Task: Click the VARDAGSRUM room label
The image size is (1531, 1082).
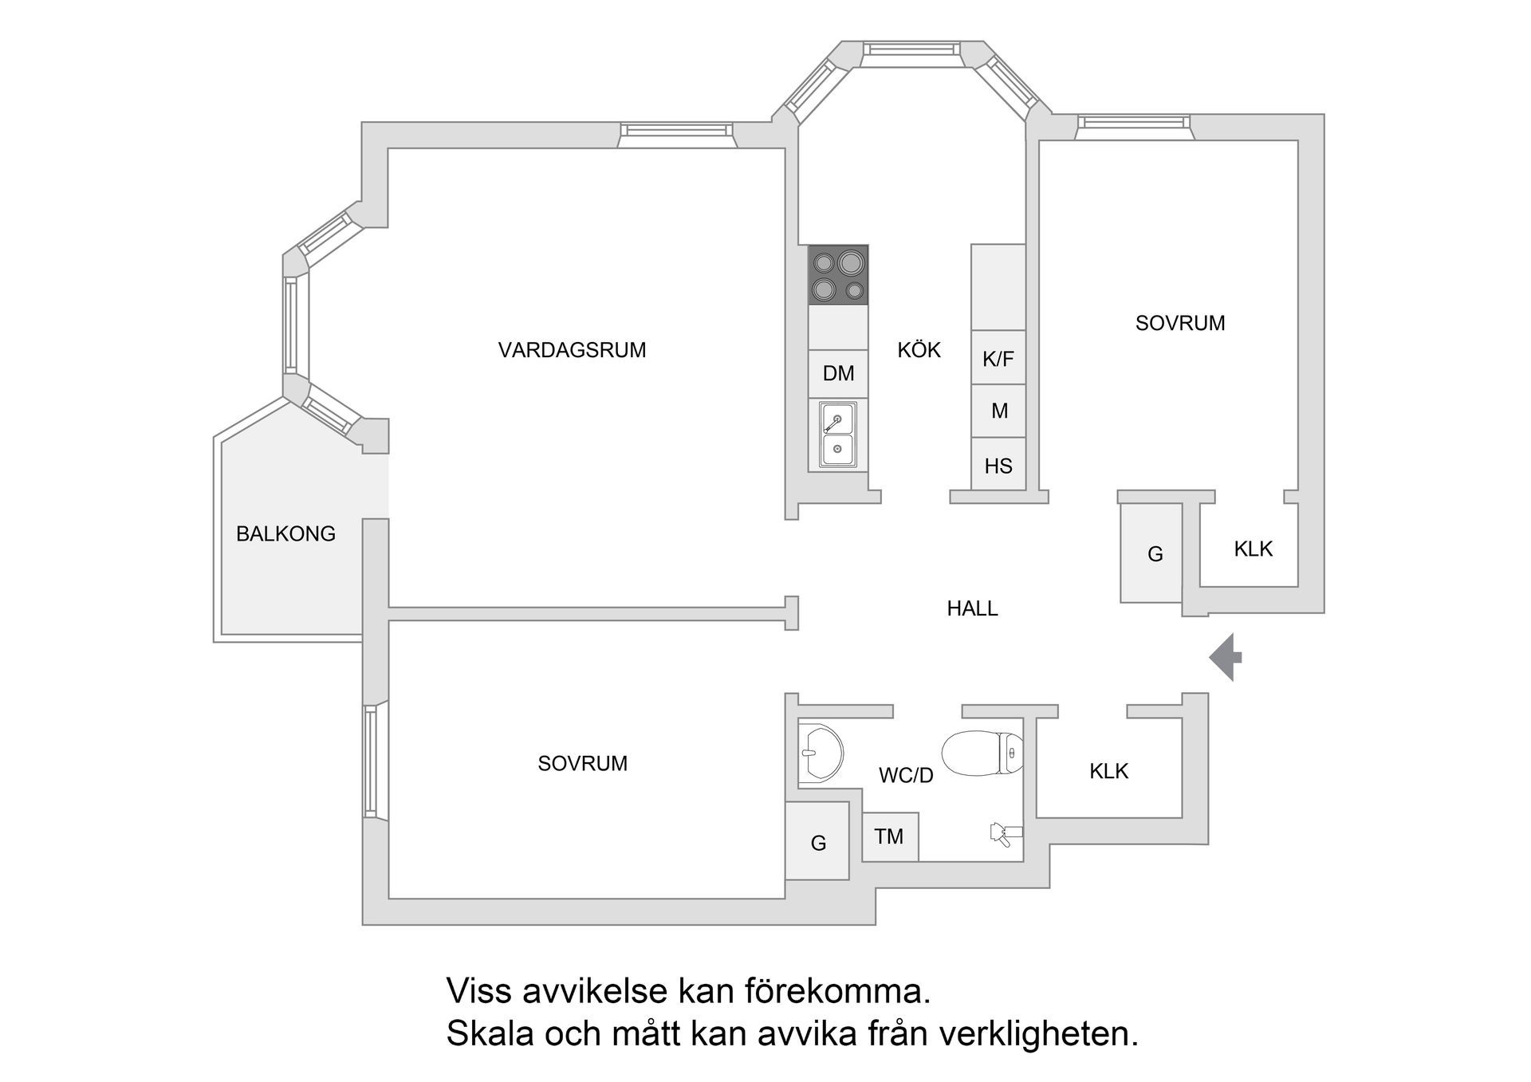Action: tap(572, 350)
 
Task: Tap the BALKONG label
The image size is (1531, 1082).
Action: tap(285, 533)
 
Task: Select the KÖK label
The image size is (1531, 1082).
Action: tap(919, 350)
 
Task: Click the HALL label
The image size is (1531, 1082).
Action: tap(972, 608)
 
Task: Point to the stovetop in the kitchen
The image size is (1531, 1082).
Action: tap(838, 275)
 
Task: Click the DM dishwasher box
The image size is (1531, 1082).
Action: tap(838, 373)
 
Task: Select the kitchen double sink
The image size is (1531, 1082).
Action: tap(837, 435)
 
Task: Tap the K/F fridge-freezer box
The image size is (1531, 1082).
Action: tap(998, 359)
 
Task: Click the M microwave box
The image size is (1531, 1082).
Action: tap(998, 411)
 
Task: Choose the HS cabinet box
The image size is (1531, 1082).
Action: tap(998, 466)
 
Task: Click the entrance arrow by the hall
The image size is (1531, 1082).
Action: tap(1224, 657)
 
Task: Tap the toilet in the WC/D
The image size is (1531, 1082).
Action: tap(982, 753)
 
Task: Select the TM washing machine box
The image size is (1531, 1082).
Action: tap(889, 836)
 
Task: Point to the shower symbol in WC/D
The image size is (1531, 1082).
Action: tap(1004, 834)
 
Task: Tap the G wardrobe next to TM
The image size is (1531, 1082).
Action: tap(817, 842)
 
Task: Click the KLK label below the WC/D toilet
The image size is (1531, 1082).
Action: tap(1108, 771)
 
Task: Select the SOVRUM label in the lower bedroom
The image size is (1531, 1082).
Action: tap(582, 763)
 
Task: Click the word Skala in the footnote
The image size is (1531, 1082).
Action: tap(490, 1034)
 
